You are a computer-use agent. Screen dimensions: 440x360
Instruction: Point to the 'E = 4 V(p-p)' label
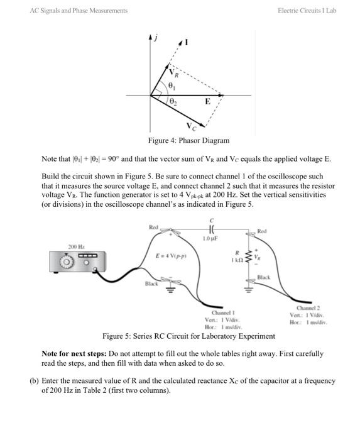tap(170, 256)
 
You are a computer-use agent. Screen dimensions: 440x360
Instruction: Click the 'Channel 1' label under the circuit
tap(223, 312)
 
